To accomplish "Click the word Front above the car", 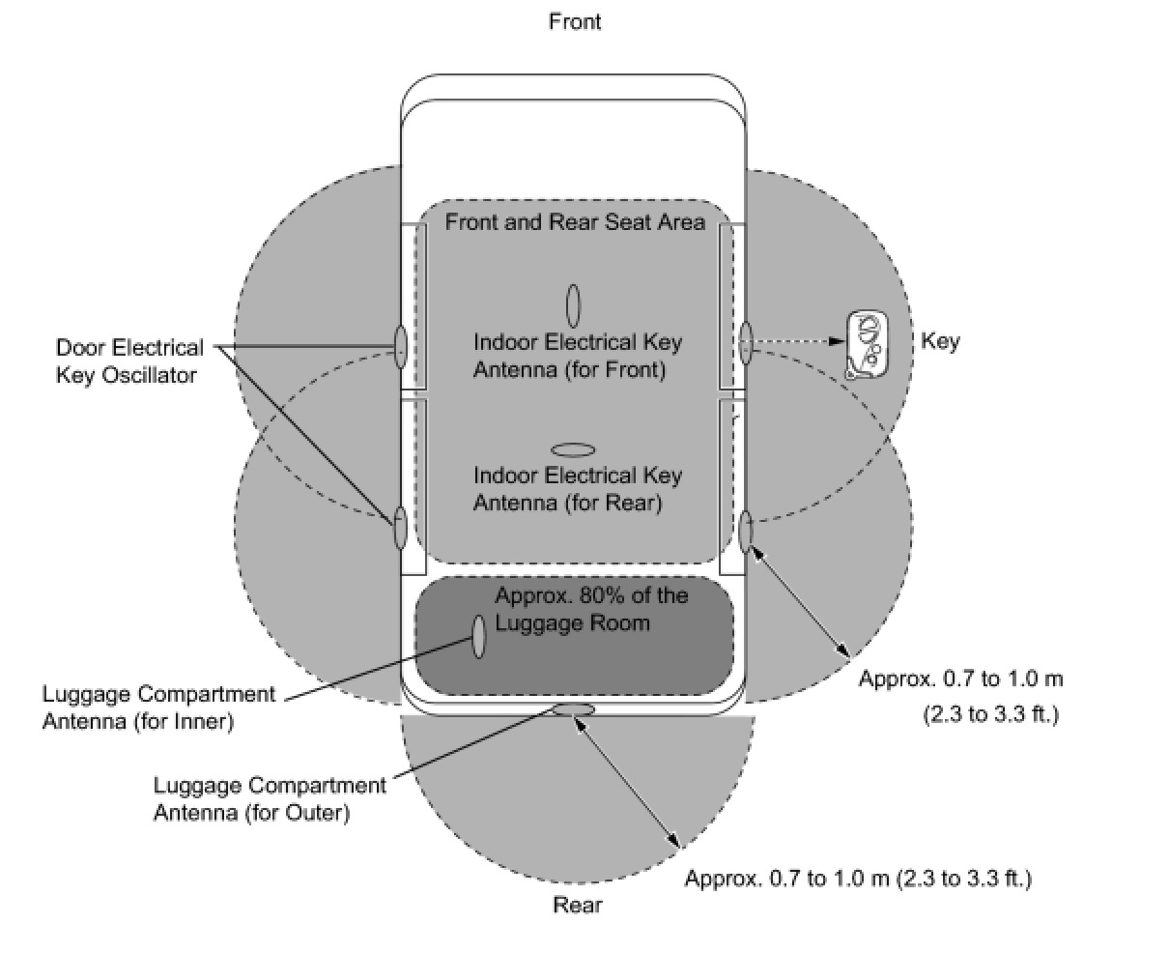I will [575, 21].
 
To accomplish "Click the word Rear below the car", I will [577, 906].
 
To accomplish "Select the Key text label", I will [940, 341].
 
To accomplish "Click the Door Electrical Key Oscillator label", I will [129, 361].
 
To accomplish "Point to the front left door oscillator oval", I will [400, 345].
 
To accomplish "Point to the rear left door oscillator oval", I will [400, 527].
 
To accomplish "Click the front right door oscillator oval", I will [746, 343].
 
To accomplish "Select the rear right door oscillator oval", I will [746, 531].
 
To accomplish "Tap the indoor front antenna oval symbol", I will [573, 305].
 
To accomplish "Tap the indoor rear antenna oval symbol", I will [573, 449].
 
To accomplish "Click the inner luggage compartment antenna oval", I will [478, 637].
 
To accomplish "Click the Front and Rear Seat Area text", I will [575, 222].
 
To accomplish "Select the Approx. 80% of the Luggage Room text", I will [591, 609].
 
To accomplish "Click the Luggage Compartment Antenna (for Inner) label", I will [158, 708].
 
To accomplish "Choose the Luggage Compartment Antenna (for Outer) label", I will [270, 798].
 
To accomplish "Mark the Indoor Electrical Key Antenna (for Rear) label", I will [577, 489].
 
